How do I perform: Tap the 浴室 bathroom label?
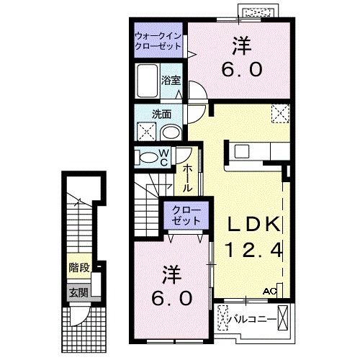pyautogui.click(x=171, y=79)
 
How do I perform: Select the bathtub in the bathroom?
pyautogui.click(x=147, y=82)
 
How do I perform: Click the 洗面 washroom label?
pyautogui.click(x=161, y=114)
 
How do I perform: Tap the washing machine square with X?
pyautogui.click(x=146, y=132)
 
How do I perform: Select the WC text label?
pyautogui.click(x=164, y=157)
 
